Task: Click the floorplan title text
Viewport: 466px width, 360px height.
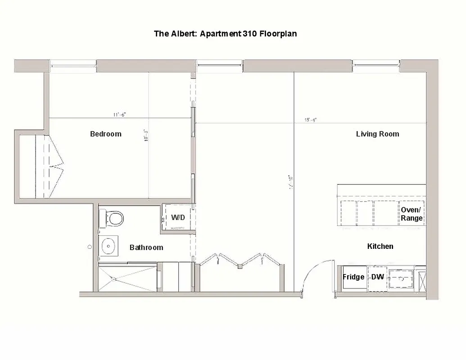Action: click(x=225, y=34)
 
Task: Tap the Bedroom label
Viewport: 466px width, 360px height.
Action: click(x=106, y=134)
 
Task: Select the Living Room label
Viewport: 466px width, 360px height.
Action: click(x=377, y=134)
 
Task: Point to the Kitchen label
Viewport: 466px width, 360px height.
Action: click(x=380, y=246)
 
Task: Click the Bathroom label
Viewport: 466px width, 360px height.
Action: click(x=146, y=247)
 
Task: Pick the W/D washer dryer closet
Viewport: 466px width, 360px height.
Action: click(x=177, y=218)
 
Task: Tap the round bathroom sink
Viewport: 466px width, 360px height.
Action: click(x=108, y=246)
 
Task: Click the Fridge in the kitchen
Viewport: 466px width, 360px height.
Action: click(x=353, y=277)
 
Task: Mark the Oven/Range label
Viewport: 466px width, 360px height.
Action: click(x=412, y=214)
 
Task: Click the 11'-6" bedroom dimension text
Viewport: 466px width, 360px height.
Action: click(x=119, y=115)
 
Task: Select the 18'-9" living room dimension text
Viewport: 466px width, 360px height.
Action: click(x=311, y=120)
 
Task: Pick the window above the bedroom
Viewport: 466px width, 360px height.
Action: click(x=73, y=66)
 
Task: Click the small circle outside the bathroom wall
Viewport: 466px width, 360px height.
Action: click(x=90, y=247)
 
